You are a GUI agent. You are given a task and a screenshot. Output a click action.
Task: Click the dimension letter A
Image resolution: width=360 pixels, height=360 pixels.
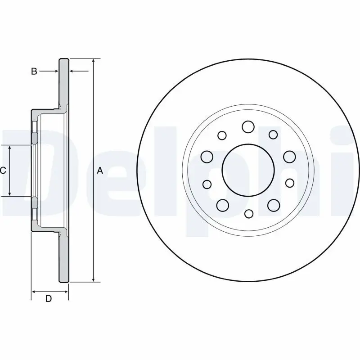[100, 170]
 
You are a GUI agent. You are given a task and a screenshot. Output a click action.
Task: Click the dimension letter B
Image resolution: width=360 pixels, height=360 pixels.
[34, 71]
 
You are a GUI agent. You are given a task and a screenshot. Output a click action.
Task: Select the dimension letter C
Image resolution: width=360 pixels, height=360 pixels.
[3, 170]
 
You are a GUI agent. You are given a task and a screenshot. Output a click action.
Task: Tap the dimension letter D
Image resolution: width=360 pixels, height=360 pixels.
[49, 299]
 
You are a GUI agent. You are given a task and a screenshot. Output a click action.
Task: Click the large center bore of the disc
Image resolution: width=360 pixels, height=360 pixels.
[248, 170]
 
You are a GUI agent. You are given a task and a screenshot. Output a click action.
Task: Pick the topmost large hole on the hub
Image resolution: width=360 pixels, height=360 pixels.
[248, 127]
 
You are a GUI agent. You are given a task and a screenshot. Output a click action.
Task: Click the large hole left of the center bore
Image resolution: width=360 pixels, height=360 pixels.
[207, 157]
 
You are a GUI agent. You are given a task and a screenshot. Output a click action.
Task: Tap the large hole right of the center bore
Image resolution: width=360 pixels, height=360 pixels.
[289, 157]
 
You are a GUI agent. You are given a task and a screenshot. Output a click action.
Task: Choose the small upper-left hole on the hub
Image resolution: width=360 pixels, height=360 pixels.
[222, 135]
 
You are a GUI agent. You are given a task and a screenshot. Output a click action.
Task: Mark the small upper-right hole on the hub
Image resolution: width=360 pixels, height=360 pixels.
[273, 134]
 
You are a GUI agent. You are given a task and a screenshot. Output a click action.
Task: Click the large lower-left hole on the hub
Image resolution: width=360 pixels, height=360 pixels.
[222, 205]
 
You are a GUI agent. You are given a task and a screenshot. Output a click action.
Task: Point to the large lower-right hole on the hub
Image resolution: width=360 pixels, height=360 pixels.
[274, 205]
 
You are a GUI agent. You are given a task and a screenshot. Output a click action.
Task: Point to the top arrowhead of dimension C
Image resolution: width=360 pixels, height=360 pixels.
[10, 148]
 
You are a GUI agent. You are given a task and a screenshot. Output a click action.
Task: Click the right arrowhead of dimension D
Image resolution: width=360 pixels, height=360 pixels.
[65, 292]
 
